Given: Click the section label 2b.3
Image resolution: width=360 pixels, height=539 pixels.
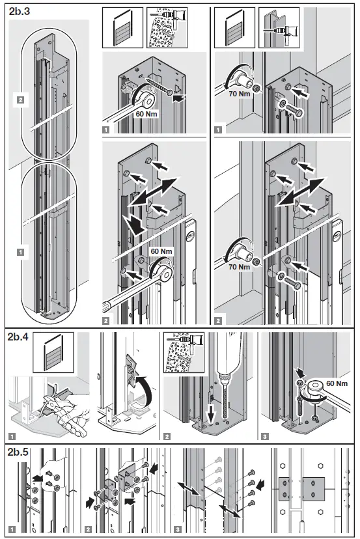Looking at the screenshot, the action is coord(20,11).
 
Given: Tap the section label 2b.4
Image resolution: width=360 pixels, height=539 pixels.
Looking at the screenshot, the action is coord(18,337).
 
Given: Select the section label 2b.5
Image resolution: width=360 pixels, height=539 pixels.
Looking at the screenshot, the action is coord(18,452).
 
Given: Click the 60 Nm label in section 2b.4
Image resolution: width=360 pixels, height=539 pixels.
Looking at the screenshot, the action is coord(337,383).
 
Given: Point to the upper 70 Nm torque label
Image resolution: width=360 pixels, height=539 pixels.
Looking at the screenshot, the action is coord(240,94).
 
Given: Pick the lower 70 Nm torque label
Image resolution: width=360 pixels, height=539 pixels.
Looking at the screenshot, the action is coord(240,267).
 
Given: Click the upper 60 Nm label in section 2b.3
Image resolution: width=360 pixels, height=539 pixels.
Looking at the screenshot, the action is coord(147,113).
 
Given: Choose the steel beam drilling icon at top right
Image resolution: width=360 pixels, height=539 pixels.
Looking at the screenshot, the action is coord(279,27).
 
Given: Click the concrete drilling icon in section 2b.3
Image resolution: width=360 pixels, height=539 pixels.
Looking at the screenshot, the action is coord(167,27).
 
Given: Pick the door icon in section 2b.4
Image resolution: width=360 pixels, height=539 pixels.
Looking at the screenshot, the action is coord(53,353).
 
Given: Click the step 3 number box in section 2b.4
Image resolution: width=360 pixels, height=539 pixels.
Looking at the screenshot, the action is coord(265,437).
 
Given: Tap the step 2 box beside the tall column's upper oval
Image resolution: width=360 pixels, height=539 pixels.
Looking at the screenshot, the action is coord(20,100).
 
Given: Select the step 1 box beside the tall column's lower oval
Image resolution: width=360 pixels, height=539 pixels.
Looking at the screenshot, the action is coord(20,252).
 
